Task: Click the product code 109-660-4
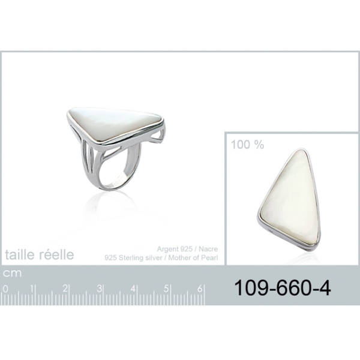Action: click(283, 289)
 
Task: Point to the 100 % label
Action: click(247, 145)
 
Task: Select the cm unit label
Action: click(12, 273)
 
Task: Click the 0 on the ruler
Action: click(6, 289)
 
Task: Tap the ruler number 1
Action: click(32, 289)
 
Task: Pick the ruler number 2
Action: click(65, 289)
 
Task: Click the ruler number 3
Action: click(99, 289)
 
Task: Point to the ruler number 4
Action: click(133, 289)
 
